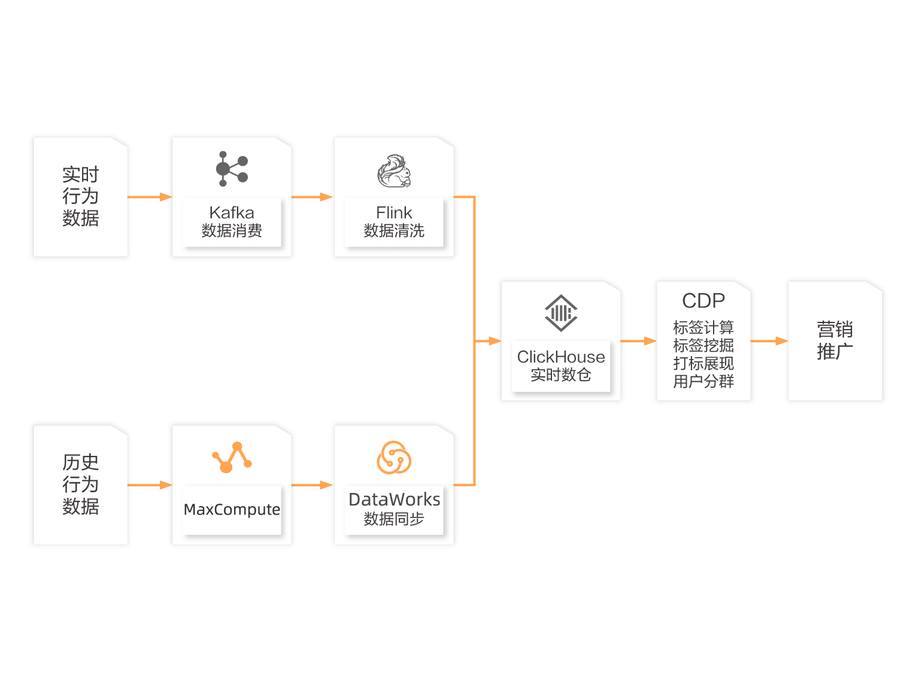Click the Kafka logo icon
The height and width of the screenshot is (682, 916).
232,169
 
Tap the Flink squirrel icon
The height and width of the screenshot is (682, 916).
394,171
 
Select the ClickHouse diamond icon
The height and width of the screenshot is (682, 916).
561,313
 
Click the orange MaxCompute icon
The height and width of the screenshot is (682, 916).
232,457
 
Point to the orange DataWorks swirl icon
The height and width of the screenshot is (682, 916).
394,458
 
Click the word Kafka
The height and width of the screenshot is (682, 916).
232,212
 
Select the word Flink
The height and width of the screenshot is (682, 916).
394,212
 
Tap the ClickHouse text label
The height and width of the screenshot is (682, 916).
561,357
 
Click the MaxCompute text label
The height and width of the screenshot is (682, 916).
232,510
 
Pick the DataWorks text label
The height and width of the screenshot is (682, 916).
395,500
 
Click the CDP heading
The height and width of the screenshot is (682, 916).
703,300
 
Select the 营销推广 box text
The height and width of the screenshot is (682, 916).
835,340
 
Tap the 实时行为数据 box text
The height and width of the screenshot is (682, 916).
81,196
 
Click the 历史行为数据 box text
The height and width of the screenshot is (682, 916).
81,484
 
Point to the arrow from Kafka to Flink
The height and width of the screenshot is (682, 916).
312,197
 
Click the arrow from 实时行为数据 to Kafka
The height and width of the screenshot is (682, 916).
150,197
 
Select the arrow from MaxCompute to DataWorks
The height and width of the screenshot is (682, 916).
312,485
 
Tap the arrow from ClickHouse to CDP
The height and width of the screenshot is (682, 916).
638,341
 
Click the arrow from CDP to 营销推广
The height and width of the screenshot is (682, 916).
769,341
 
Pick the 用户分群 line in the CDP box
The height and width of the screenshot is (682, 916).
703,382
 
